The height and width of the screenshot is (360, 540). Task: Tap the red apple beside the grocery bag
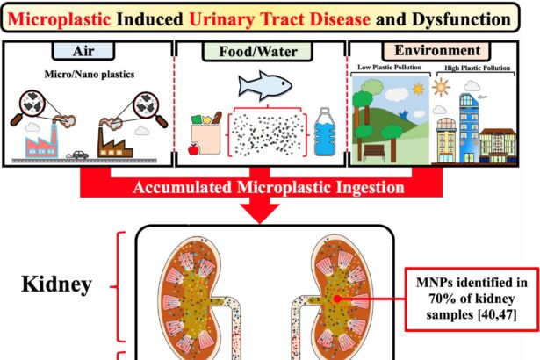(x=192, y=150)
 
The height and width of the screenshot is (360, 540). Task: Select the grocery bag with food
(x=208, y=130)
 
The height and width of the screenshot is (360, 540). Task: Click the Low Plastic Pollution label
(x=387, y=67)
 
